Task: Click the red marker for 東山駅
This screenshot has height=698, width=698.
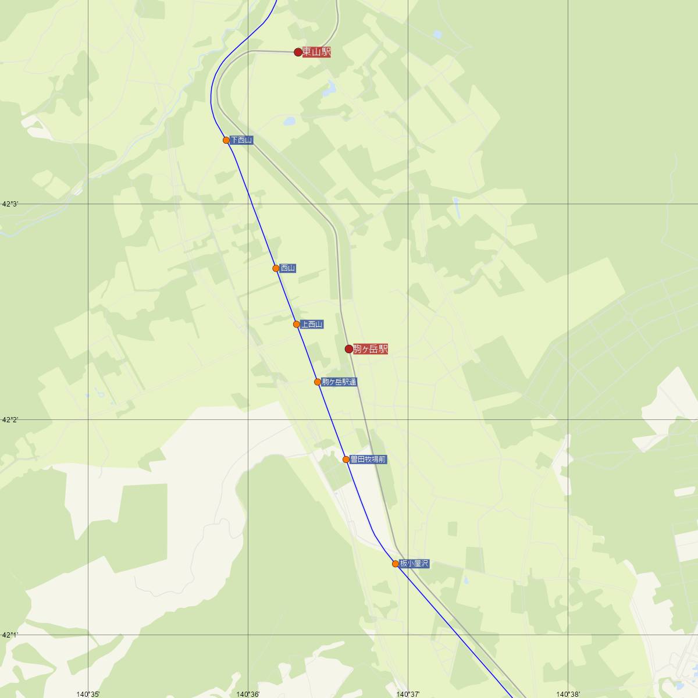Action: [298, 52]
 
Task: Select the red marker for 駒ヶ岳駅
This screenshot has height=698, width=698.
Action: [349, 349]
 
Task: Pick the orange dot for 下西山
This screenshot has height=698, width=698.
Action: [226, 140]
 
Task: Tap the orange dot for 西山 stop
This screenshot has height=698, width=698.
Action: [276, 268]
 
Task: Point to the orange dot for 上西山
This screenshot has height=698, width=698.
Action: [297, 325]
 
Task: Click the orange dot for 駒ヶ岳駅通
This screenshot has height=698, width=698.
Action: [318, 382]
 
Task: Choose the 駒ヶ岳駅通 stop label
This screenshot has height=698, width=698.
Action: [340, 382]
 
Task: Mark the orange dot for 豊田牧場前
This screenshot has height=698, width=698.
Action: [346, 460]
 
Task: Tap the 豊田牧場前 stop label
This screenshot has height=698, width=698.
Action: [368, 460]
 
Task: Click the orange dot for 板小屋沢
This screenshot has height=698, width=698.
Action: [396, 564]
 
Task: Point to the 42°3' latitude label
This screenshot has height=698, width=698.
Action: [10, 204]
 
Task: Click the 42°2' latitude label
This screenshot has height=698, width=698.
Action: [10, 419]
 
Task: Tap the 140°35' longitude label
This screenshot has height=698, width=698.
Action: [88, 693]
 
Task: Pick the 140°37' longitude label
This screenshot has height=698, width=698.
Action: [408, 693]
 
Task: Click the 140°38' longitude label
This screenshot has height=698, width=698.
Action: [568, 693]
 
